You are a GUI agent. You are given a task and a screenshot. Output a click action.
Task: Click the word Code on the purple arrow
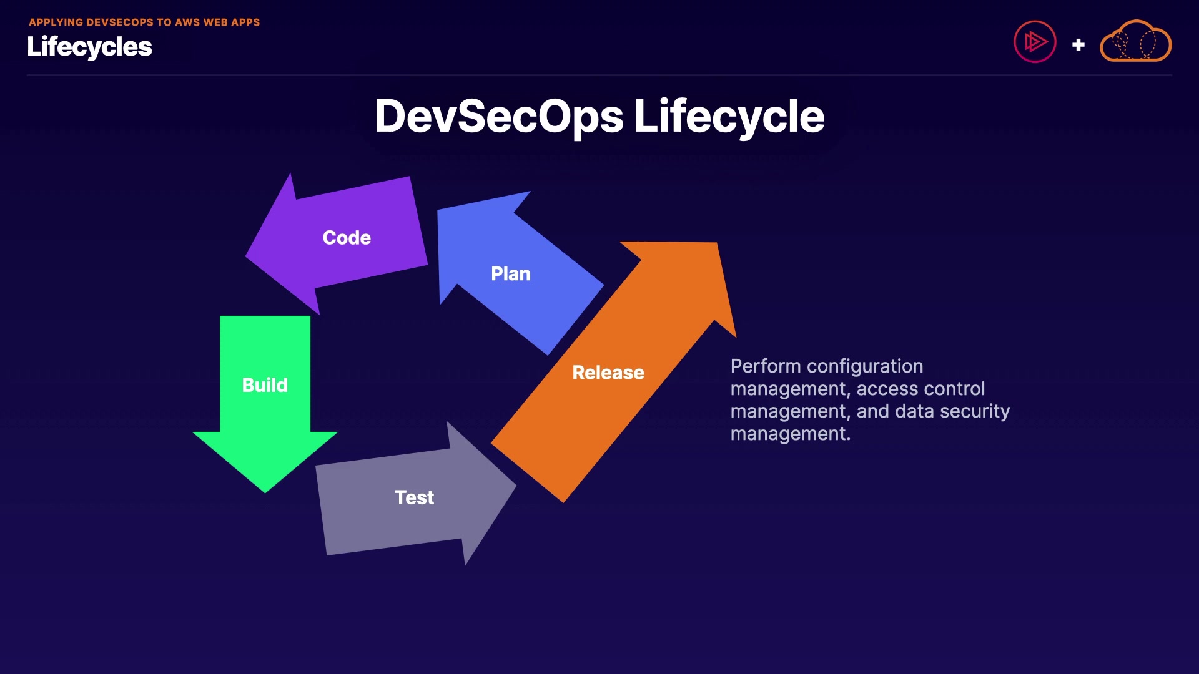click(347, 238)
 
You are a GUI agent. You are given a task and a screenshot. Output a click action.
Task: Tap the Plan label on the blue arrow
click(510, 274)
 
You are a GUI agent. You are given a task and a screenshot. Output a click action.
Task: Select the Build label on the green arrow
click(265, 385)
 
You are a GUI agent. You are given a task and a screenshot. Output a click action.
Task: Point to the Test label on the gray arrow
click(414, 497)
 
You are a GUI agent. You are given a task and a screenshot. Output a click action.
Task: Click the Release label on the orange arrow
click(608, 373)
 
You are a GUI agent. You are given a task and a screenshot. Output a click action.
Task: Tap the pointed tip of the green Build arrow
click(265, 491)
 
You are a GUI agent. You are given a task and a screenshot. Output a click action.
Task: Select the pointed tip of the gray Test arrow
click(514, 486)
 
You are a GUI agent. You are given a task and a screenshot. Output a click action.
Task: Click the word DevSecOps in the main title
click(499, 117)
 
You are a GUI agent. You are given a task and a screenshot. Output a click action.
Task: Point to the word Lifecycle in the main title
click(729, 117)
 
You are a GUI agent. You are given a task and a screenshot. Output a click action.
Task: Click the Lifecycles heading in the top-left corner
click(89, 47)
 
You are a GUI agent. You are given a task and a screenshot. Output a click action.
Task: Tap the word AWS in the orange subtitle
click(187, 22)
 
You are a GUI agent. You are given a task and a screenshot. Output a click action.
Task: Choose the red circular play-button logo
click(1034, 42)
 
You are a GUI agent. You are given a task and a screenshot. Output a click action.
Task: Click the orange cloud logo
click(1135, 42)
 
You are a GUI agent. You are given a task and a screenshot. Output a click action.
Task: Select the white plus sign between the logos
click(1078, 45)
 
